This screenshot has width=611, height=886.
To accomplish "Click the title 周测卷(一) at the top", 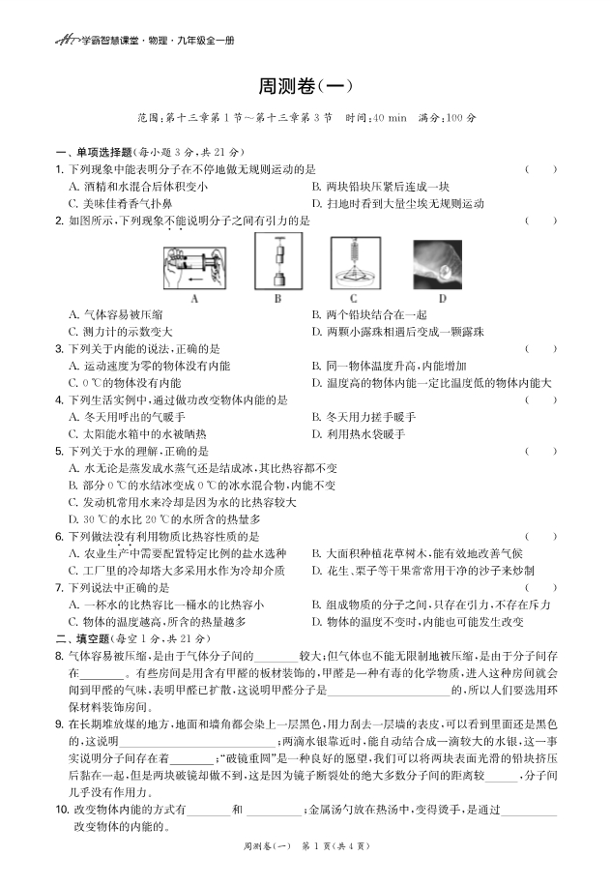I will [x=305, y=86].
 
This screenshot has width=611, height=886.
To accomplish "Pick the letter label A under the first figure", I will [x=195, y=299].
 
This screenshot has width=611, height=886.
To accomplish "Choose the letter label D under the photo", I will [x=442, y=299].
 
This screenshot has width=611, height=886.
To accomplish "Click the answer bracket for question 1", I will [x=540, y=169].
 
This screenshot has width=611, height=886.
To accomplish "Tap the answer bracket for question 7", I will [x=540, y=587].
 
